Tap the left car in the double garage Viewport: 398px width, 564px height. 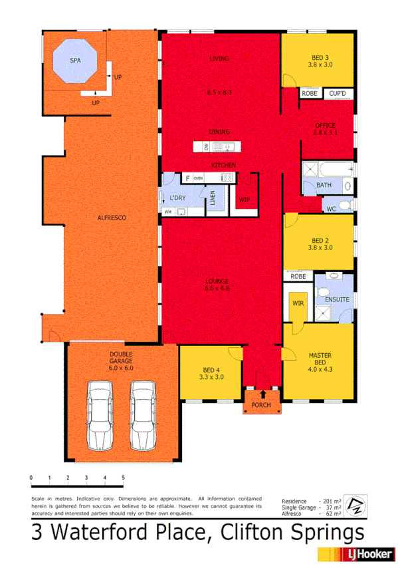pyautogui.click(x=100, y=416)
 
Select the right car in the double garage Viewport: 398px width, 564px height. pyautogui.click(x=142, y=416)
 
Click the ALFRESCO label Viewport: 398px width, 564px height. pyautogui.click(x=112, y=217)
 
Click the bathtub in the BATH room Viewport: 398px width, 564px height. pyautogui.click(x=328, y=169)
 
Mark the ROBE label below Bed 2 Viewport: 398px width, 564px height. pyautogui.click(x=297, y=276)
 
